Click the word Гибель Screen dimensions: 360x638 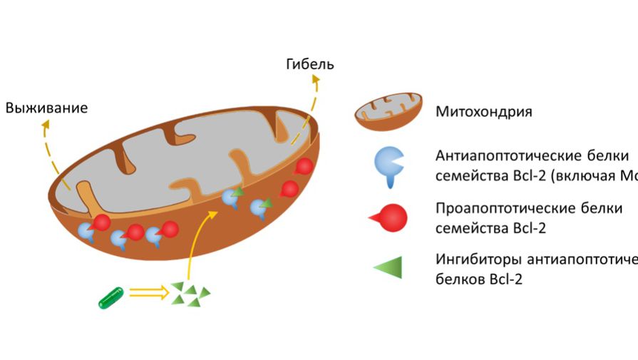[309, 65]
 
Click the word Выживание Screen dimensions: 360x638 [47, 108]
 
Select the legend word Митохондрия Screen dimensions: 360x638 [484, 112]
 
